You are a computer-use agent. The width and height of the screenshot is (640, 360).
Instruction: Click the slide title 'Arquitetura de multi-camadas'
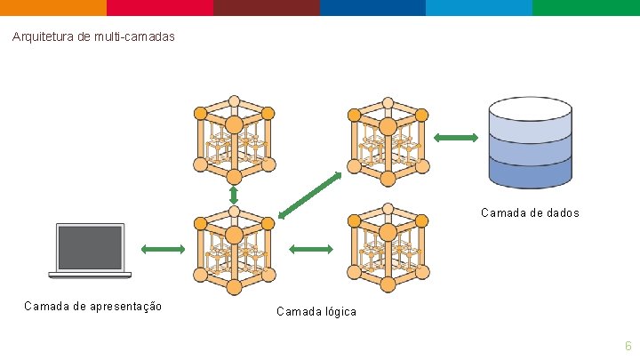click(x=94, y=37)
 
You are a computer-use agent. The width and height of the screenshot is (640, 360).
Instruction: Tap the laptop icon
click(x=90, y=251)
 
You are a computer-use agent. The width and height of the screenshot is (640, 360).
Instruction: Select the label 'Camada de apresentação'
click(x=93, y=307)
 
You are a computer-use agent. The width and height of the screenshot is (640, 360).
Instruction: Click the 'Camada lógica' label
click(x=316, y=312)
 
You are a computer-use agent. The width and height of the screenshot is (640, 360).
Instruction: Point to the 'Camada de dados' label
click(x=530, y=213)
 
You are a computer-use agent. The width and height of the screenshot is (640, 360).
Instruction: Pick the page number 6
click(x=628, y=346)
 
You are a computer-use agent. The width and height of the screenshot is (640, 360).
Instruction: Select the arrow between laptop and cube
click(x=161, y=250)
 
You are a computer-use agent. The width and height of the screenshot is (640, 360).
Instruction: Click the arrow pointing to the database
click(x=455, y=137)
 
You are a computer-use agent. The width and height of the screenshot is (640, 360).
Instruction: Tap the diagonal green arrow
click(x=309, y=194)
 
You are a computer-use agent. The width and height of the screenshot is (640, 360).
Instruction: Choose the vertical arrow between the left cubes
click(x=234, y=194)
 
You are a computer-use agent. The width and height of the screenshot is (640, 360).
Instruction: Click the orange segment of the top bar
click(x=53, y=7)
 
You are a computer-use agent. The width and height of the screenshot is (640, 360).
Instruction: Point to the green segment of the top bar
click(x=587, y=7)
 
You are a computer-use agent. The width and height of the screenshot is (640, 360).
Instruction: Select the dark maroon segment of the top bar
click(x=267, y=7)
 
